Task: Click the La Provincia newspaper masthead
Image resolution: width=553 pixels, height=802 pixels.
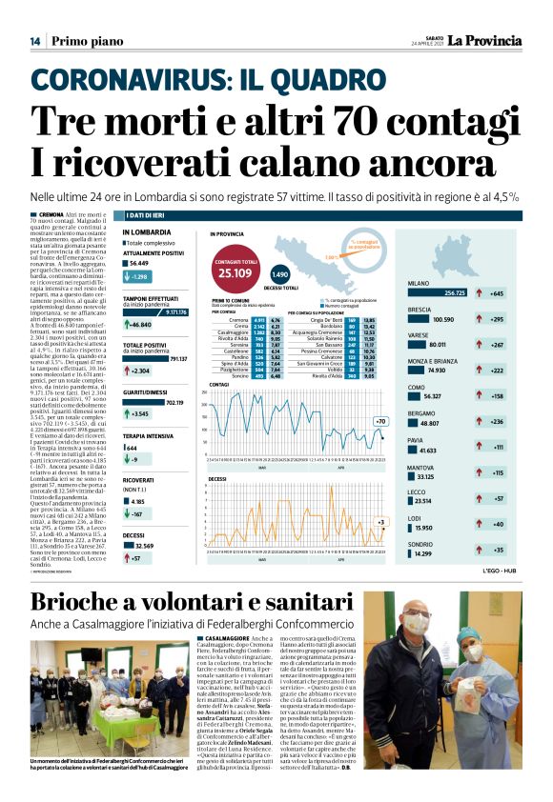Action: pos(485,40)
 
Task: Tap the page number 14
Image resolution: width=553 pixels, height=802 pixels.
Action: pos(34,41)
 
